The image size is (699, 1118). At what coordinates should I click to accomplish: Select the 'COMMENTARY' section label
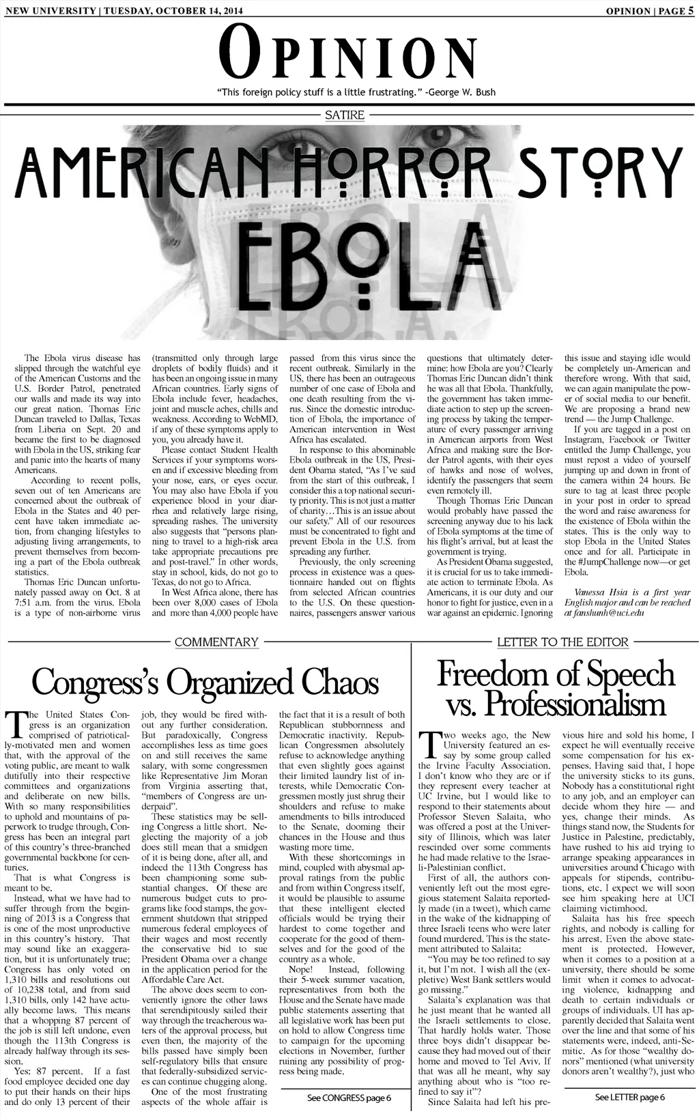216,642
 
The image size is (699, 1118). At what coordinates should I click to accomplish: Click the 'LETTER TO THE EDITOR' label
562,642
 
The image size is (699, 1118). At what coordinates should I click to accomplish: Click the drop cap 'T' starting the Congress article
15,725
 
